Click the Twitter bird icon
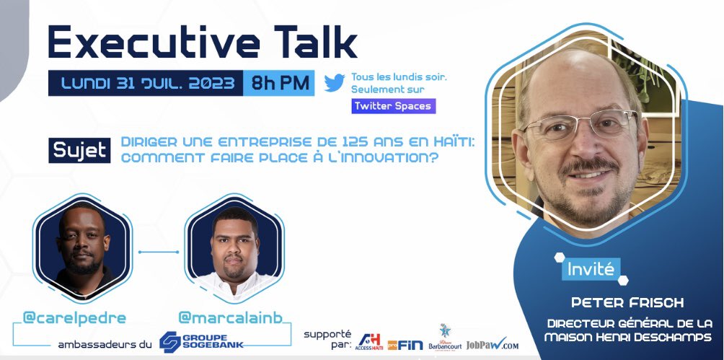click(x=334, y=82)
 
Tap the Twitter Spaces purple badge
click(x=393, y=105)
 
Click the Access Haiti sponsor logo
click(x=368, y=341)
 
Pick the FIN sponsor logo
click(x=405, y=344)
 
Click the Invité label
click(x=590, y=270)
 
